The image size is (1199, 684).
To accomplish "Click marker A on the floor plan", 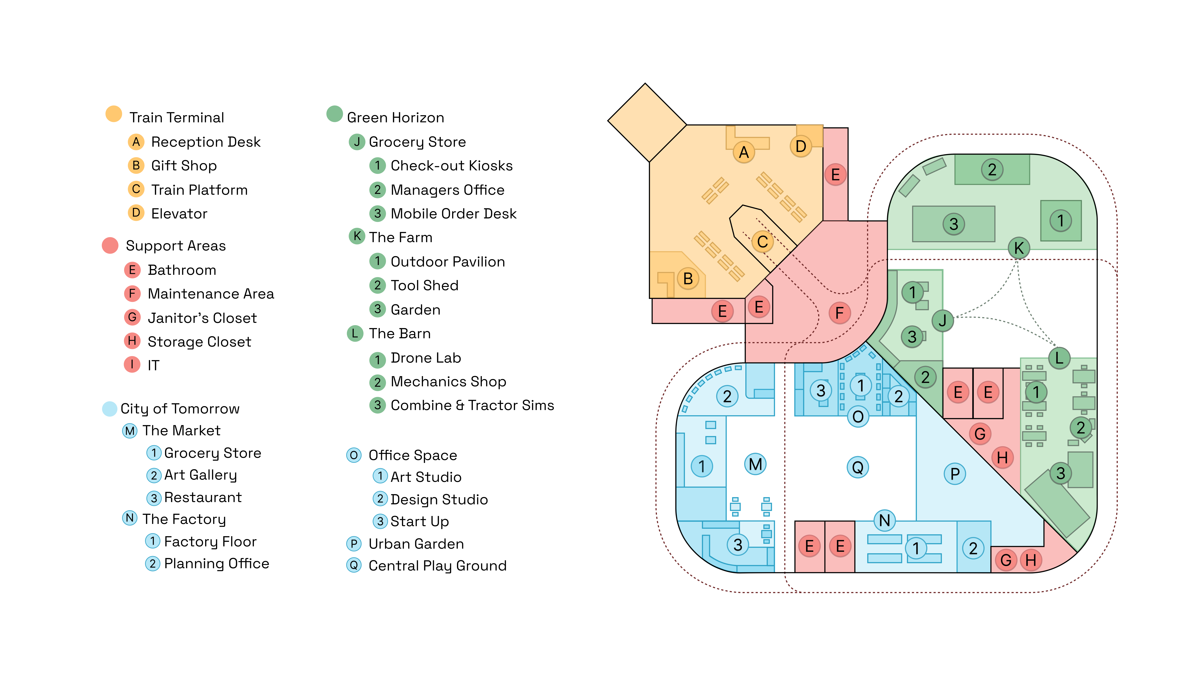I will [744, 152].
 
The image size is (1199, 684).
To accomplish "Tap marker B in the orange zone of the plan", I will [688, 279].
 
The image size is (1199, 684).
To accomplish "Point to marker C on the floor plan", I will [762, 242].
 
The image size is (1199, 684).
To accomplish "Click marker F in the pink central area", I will [839, 313].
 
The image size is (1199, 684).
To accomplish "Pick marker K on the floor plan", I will [1019, 248].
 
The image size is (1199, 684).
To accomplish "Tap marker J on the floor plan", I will [942, 321].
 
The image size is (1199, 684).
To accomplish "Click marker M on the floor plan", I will [755, 464].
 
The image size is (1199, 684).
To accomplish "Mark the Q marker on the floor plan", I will [858, 467].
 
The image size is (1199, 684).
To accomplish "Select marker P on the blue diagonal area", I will [955, 474].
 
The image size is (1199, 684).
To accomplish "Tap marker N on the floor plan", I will [885, 520].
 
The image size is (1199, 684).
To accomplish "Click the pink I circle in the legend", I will [132, 364].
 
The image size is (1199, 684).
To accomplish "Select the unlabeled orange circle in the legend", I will [114, 114].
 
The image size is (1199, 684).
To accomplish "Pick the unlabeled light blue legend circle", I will [109, 409].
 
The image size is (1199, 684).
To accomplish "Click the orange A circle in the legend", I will [136, 142].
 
